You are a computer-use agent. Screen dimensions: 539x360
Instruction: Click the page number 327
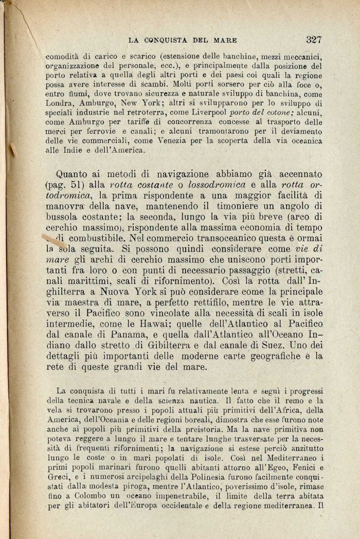(x=313, y=39)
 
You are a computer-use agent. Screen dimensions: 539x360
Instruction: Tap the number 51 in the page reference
(x=88, y=185)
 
